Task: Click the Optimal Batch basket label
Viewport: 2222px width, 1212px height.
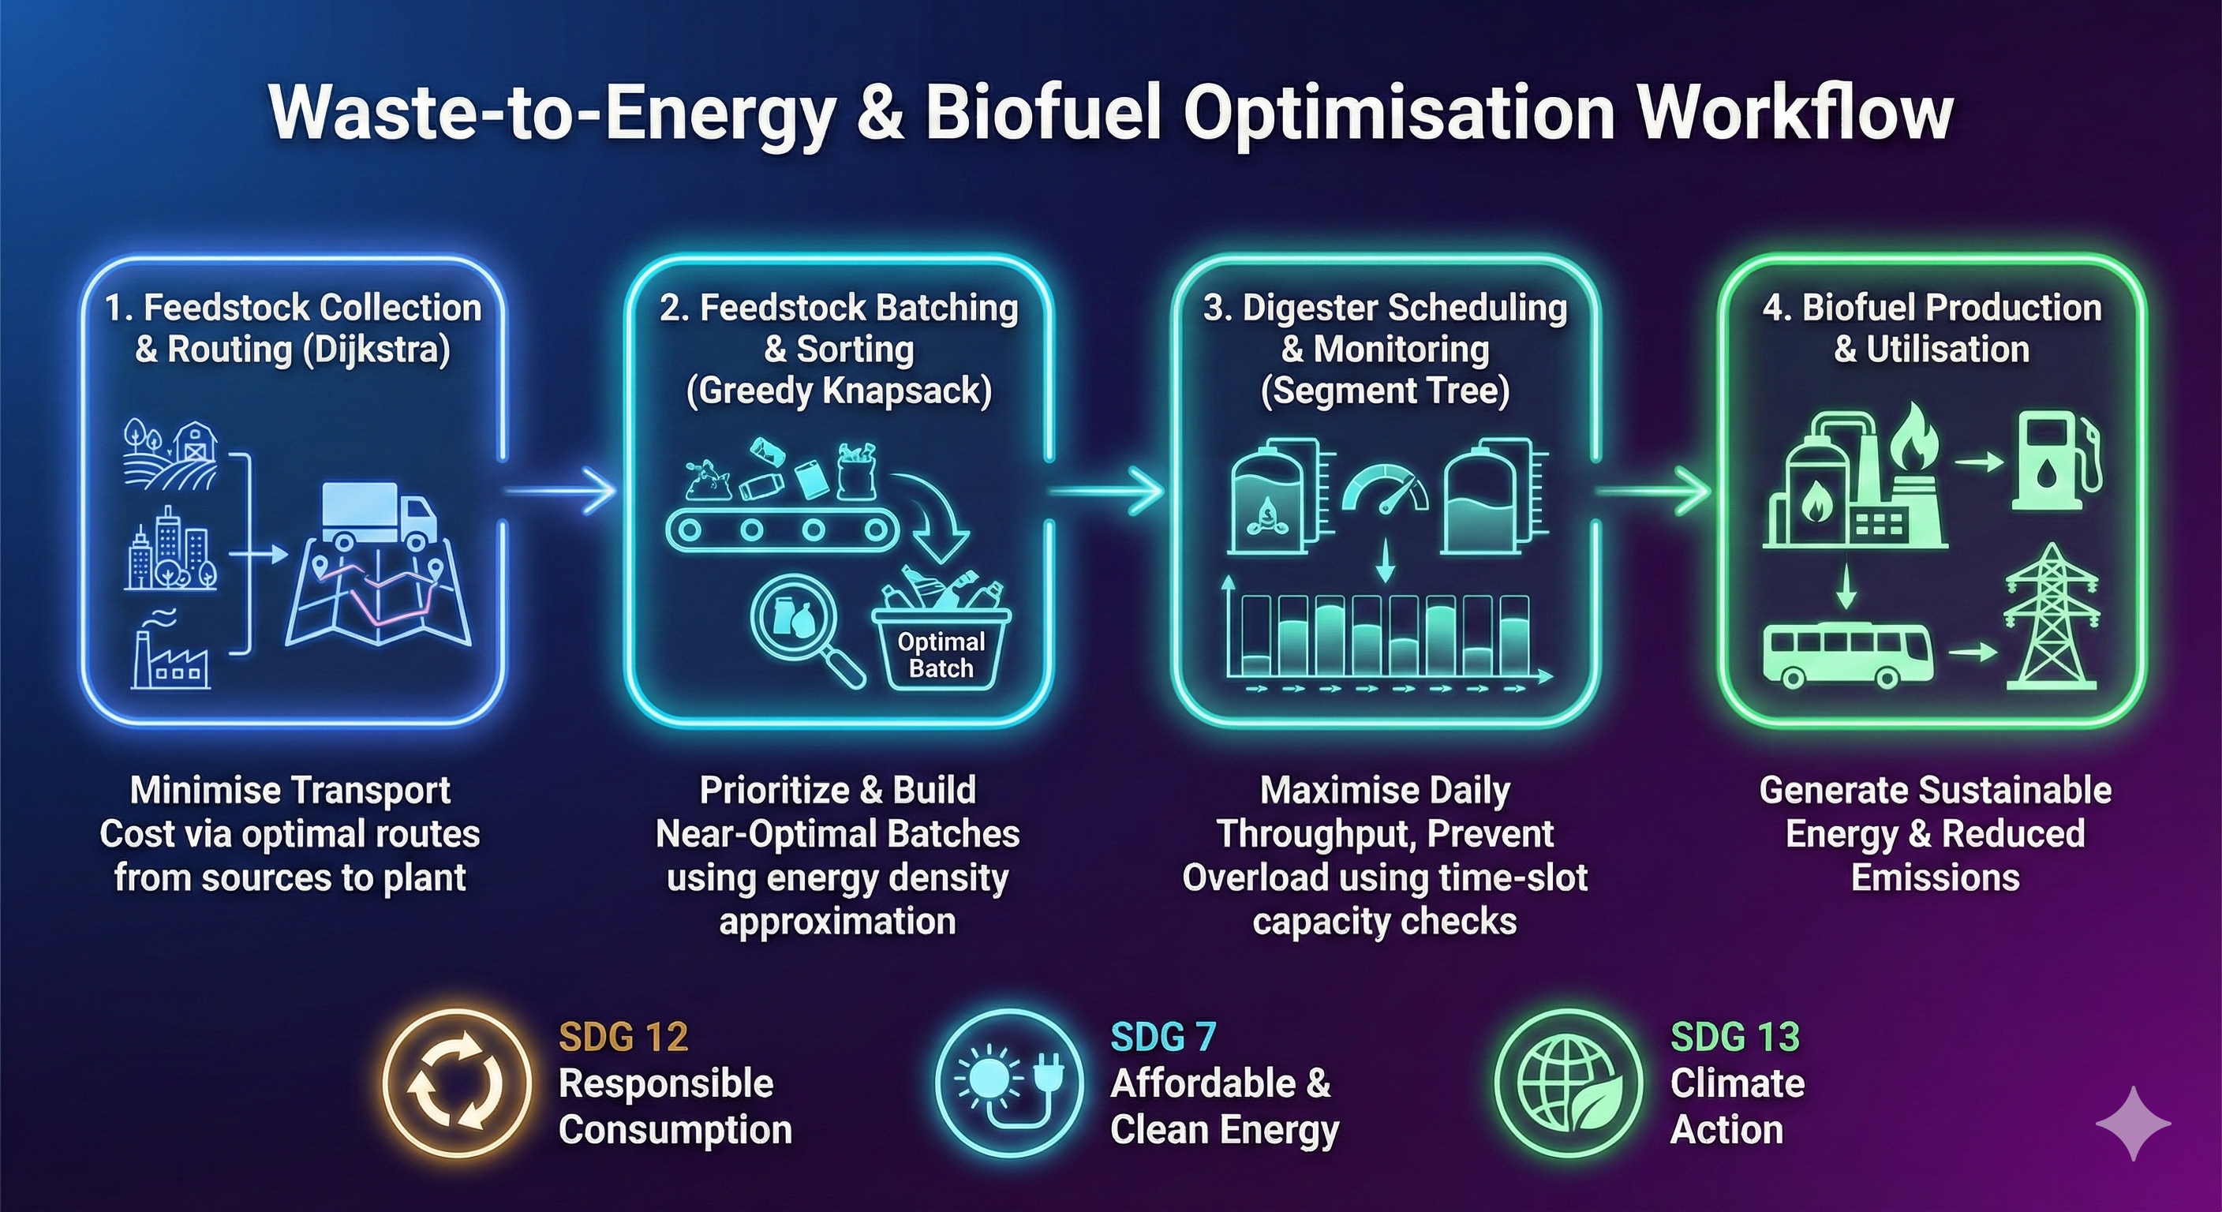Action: (941, 655)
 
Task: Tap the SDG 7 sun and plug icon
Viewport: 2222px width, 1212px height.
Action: (1009, 1083)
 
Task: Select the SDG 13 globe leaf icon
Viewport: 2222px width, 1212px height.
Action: (1566, 1083)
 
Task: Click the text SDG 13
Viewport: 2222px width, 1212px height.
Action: (1734, 1036)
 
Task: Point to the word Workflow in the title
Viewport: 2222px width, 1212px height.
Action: (1795, 114)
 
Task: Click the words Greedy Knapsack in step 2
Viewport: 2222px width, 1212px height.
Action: (840, 391)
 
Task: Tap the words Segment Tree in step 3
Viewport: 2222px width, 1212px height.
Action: (1386, 391)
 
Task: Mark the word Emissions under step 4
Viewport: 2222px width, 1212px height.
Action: (1936, 878)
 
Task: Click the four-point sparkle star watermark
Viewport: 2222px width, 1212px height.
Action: (2133, 1122)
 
